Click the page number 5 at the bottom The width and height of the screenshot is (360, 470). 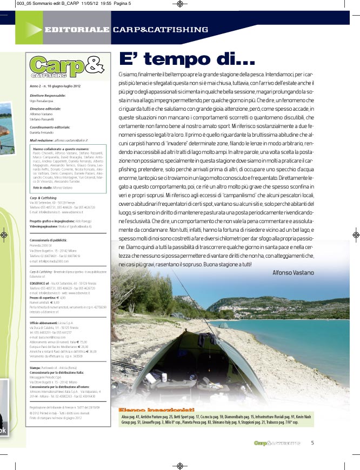[x=312, y=443]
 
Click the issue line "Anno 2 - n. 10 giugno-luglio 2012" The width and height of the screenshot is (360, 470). [x=55, y=86]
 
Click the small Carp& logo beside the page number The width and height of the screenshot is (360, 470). [x=277, y=443]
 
